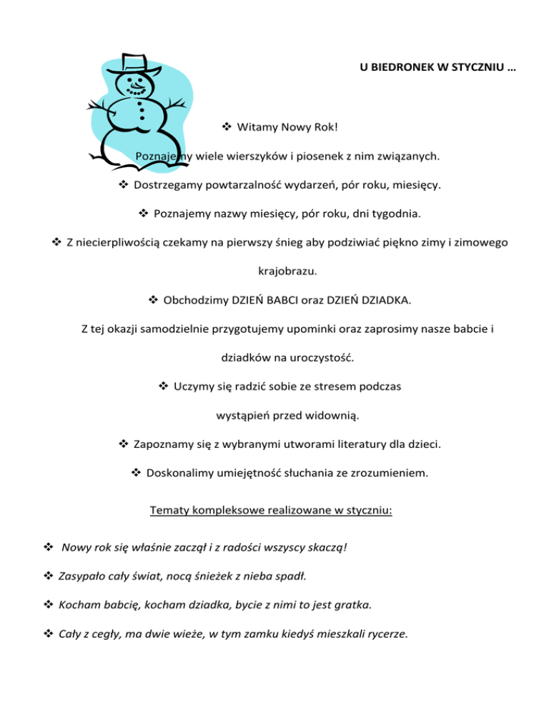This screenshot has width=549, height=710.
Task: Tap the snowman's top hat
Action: pyautogui.click(x=133, y=62)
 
